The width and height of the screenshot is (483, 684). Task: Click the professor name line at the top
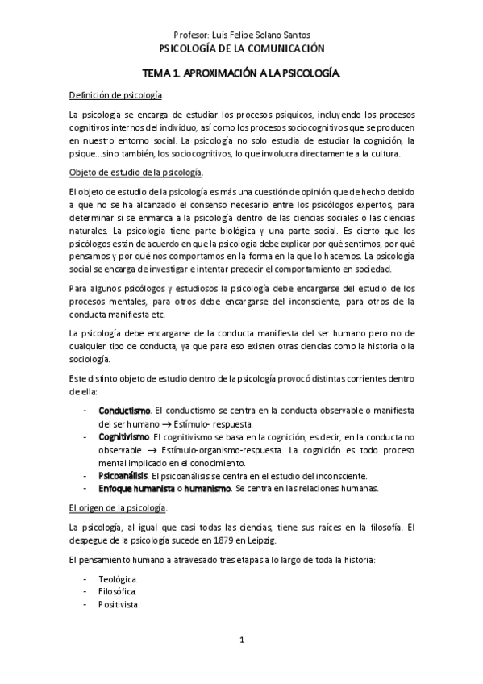click(x=242, y=34)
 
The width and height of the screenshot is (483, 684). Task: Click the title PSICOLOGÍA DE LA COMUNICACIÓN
click(x=242, y=48)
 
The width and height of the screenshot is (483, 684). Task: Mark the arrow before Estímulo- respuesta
click(x=161, y=424)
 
